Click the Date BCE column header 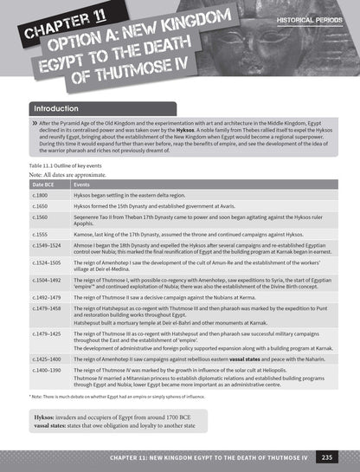point(44,184)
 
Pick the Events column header point(82,184)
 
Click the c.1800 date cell point(39,196)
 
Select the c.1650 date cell point(39,208)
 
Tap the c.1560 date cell point(39,220)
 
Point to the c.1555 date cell point(39,235)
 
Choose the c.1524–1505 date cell point(45,262)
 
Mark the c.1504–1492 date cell point(45,279)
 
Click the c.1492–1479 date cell point(45,296)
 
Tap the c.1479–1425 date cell point(45,333)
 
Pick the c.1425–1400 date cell point(45,358)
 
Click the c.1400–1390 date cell point(45,369)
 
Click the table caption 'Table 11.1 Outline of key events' point(69,164)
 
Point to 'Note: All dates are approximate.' point(70,174)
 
